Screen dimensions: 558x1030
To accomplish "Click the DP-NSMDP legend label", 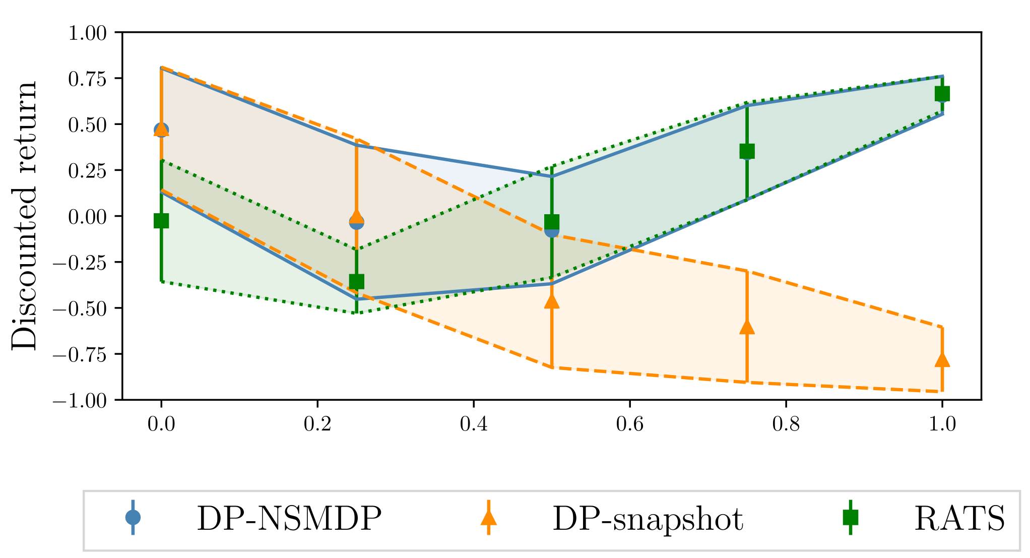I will [289, 518].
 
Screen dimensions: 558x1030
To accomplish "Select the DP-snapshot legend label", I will [648, 518].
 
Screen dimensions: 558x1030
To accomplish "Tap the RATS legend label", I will [959, 518].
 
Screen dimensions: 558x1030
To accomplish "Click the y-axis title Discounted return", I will [24, 216].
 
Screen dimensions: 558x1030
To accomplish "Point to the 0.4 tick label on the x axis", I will [473, 424].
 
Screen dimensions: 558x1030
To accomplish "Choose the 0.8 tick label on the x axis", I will [786, 424].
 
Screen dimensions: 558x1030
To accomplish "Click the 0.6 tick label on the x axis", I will [629, 424].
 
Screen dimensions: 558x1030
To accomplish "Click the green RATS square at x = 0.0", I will [161, 220].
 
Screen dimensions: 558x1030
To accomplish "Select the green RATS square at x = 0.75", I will [747, 151].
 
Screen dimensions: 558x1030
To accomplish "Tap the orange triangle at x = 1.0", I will [942, 360].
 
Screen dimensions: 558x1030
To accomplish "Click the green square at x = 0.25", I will [356, 281].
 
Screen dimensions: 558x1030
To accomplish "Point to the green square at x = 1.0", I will [942, 94].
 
